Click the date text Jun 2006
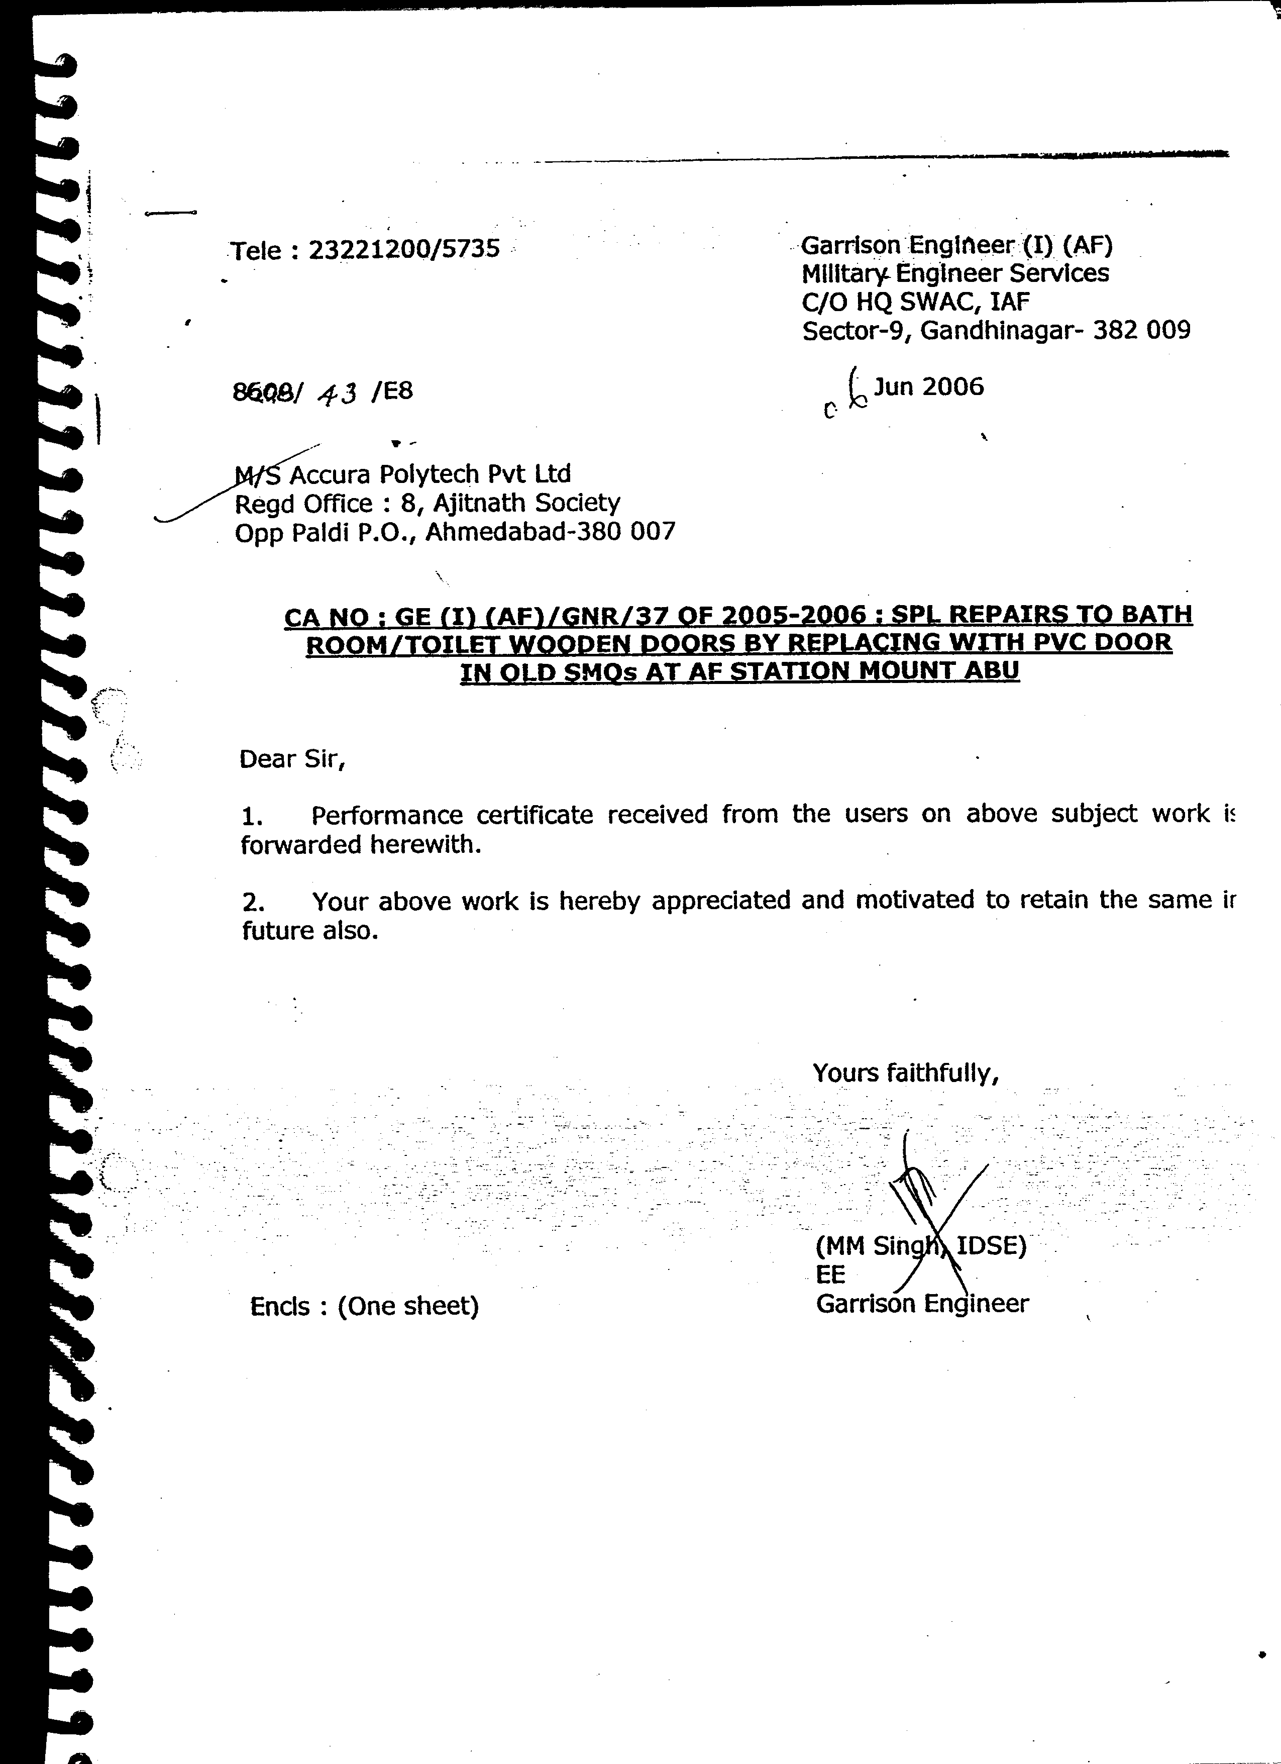pos(929,386)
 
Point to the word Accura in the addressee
pos(329,473)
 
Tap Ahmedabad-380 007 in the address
pos(551,532)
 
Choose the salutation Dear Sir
pos(291,758)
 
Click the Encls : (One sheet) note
pos(364,1306)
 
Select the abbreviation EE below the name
pos(830,1274)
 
